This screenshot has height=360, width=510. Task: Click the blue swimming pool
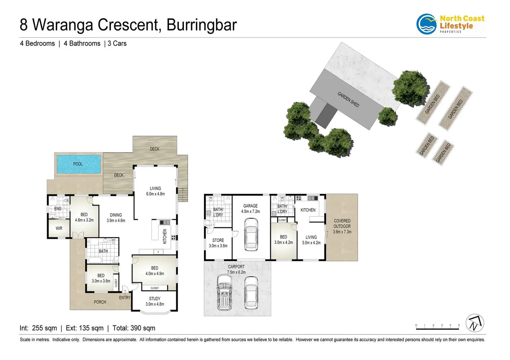79,164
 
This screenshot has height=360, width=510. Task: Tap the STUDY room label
155,299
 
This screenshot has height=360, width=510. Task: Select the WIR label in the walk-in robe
59,228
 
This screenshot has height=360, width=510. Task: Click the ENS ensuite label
58,209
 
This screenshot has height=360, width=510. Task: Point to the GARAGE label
250,206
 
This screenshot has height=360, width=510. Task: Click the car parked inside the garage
251,234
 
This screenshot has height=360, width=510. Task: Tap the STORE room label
218,240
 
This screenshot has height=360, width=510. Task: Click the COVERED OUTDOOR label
342,224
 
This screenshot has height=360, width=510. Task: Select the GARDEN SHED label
348,99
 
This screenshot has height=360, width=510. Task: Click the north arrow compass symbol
475,323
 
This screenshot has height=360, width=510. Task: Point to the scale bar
437,326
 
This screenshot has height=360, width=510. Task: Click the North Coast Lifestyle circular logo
427,24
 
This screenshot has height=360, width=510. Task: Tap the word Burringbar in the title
202,25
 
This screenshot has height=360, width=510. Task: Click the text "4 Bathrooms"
82,44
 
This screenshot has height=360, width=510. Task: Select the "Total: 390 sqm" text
134,328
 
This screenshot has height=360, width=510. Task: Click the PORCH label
100,302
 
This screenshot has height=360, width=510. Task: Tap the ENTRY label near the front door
125,298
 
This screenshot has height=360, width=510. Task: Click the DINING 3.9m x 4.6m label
116,218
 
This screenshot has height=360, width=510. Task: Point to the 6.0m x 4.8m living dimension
155,194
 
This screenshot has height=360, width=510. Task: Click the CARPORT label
236,267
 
